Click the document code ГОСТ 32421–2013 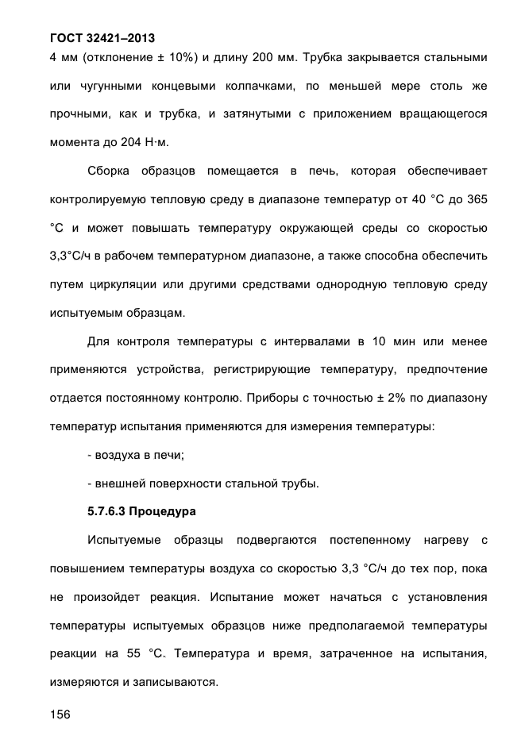[x=102, y=37]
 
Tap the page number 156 [x=60, y=715]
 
